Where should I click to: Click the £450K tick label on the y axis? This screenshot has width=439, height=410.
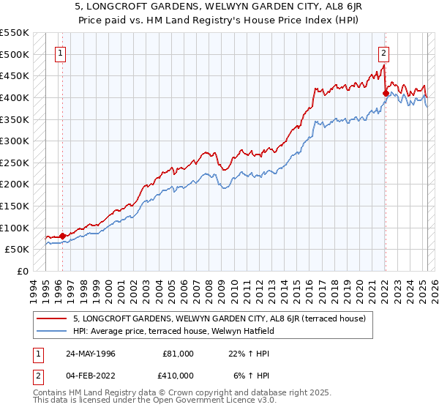(14, 75)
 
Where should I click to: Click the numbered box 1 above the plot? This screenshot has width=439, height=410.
(60, 52)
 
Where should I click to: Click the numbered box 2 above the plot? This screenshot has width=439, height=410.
(383, 52)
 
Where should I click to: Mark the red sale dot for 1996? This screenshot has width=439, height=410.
(62, 236)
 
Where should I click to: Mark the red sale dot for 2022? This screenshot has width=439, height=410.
(386, 93)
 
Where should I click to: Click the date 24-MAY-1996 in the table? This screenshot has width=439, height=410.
(89, 354)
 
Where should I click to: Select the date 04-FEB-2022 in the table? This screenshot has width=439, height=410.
(89, 376)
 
